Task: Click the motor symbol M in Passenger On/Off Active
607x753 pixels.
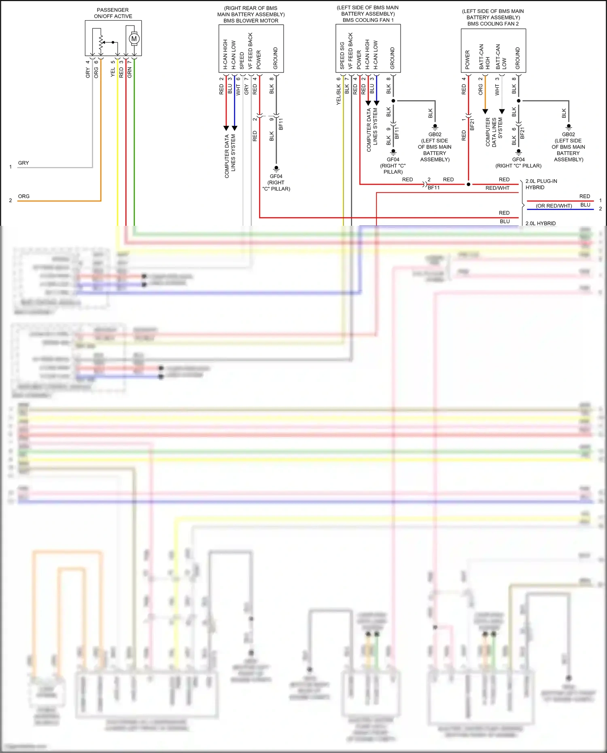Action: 134,39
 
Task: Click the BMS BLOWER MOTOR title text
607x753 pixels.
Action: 251,21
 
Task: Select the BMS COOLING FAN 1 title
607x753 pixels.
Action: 368,20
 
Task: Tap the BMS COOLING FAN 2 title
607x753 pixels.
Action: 493,23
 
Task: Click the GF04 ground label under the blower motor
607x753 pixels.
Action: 276,176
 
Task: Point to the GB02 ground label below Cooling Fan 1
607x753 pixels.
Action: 435,134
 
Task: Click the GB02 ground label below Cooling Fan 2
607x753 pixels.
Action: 568,134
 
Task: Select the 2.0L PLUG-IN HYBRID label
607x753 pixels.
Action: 541,184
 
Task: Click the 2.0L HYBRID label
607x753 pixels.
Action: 540,223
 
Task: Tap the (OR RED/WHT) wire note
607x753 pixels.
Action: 554,206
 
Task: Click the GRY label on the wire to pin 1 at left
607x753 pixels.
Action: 23,163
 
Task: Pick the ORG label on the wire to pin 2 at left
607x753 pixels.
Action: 24,196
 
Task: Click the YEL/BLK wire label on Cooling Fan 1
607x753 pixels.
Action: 339,95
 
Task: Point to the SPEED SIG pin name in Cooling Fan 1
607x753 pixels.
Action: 342,55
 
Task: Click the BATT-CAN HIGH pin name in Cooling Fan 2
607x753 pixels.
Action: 484,57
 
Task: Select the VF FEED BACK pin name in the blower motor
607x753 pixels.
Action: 250,51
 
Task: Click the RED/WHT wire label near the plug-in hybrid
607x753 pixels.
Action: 497,188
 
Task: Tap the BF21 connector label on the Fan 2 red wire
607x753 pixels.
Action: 472,124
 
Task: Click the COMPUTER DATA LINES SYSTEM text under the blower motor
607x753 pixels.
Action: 230,156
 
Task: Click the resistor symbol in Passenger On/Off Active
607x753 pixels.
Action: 101,42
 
